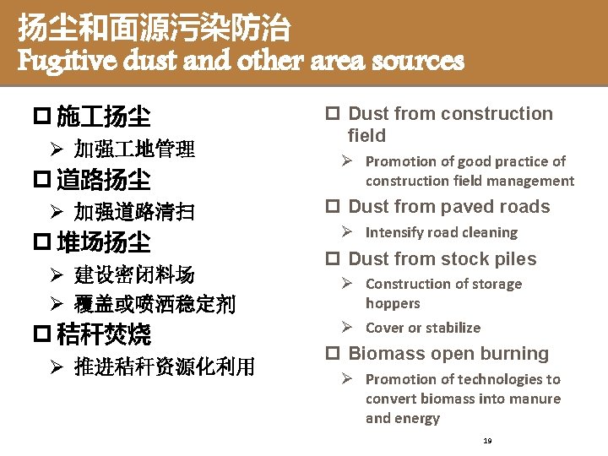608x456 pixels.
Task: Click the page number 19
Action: pyautogui.click(x=488, y=441)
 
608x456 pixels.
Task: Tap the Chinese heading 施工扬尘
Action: pyautogui.click(x=103, y=116)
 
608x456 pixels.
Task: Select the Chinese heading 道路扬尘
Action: pyautogui.click(x=103, y=180)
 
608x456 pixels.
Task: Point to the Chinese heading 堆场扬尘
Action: pyautogui.click(x=103, y=243)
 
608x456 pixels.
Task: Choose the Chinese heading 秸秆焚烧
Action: pyautogui.click(x=103, y=335)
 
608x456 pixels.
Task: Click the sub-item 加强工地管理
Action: pyautogui.click(x=134, y=150)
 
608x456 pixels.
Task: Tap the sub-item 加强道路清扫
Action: pyautogui.click(x=134, y=213)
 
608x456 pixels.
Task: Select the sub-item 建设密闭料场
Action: pyautogui.click(x=134, y=274)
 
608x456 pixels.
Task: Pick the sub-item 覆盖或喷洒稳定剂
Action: pyautogui.click(x=155, y=304)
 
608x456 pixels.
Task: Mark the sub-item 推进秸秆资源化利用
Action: pyautogui.click(x=164, y=367)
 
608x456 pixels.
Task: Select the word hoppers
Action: pyautogui.click(x=393, y=303)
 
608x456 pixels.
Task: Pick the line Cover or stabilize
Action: pyautogui.click(x=422, y=328)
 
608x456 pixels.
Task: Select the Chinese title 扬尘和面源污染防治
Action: pyautogui.click(x=155, y=30)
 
